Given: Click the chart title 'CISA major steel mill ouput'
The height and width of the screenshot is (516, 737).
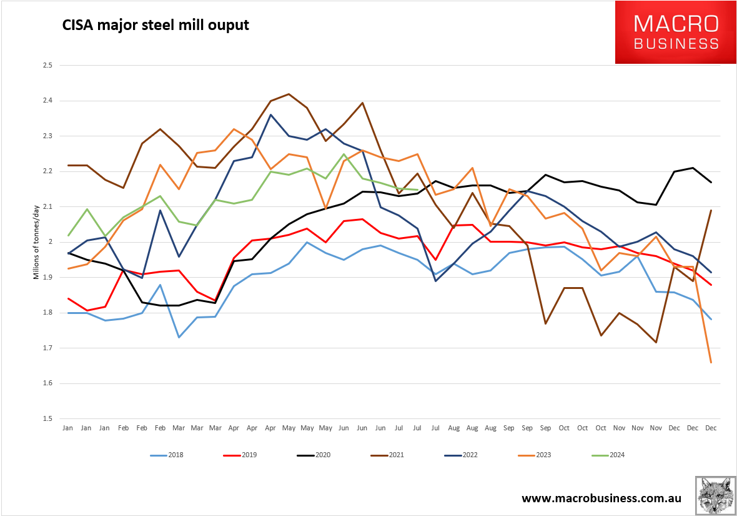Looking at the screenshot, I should click(x=155, y=26).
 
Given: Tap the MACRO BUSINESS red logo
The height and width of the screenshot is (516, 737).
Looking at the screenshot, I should click(x=676, y=33).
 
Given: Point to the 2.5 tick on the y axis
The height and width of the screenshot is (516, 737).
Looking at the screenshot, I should click(x=47, y=65).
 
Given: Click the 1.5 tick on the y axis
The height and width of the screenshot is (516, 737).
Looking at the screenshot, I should click(x=47, y=418).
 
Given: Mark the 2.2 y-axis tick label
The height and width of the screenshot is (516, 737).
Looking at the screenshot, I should click(x=47, y=171).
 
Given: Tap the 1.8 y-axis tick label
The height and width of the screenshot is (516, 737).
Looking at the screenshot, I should click(x=47, y=313).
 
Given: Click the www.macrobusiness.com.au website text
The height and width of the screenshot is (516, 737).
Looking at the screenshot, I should click(x=601, y=498).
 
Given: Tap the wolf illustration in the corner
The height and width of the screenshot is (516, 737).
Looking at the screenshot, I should click(x=715, y=495).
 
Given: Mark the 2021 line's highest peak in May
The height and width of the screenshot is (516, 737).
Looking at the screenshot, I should click(x=289, y=94).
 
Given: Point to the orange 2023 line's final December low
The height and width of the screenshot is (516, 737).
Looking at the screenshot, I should click(x=711, y=362).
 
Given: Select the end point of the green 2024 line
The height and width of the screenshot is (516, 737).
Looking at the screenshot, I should click(x=417, y=190).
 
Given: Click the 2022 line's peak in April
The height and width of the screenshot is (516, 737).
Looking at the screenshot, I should click(x=270, y=114).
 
